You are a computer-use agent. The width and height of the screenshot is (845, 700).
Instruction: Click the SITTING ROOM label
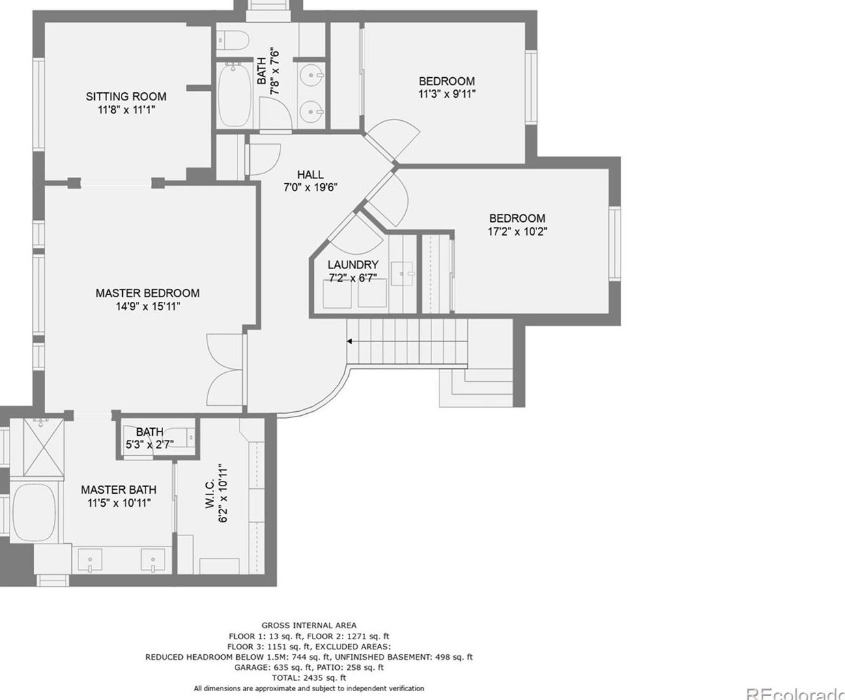point(126,96)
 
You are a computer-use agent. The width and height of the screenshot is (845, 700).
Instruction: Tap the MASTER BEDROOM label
point(147,293)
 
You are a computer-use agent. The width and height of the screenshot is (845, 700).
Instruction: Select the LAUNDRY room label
point(353,264)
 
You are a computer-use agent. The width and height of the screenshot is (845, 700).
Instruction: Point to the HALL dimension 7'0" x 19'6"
point(311,187)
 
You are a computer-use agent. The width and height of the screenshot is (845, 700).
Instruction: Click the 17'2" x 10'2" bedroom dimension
point(517,232)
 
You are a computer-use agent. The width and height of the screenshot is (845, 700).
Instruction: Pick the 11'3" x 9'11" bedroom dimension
point(446,94)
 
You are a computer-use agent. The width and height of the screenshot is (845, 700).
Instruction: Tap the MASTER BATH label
point(118,490)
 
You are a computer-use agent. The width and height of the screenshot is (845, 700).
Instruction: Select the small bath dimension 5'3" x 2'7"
point(149,445)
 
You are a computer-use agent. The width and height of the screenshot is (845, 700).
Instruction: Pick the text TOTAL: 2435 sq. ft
point(309,678)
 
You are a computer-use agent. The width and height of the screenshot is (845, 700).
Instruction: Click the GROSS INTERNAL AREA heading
point(309,625)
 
